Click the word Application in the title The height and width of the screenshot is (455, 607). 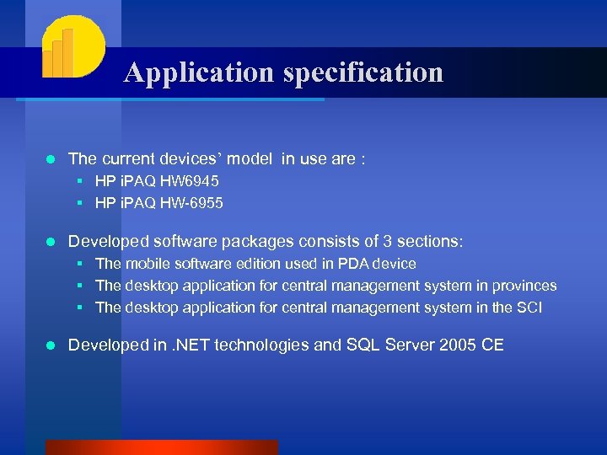[200, 73]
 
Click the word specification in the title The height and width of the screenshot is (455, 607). [363, 73]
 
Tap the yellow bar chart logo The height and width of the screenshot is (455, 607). [72, 48]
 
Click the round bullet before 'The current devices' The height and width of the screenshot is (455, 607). [51, 158]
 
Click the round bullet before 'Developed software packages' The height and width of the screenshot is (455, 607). [51, 242]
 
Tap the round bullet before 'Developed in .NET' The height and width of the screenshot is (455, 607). [51, 345]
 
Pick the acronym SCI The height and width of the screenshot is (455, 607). [528, 308]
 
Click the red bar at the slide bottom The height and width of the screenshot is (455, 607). [160, 447]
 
